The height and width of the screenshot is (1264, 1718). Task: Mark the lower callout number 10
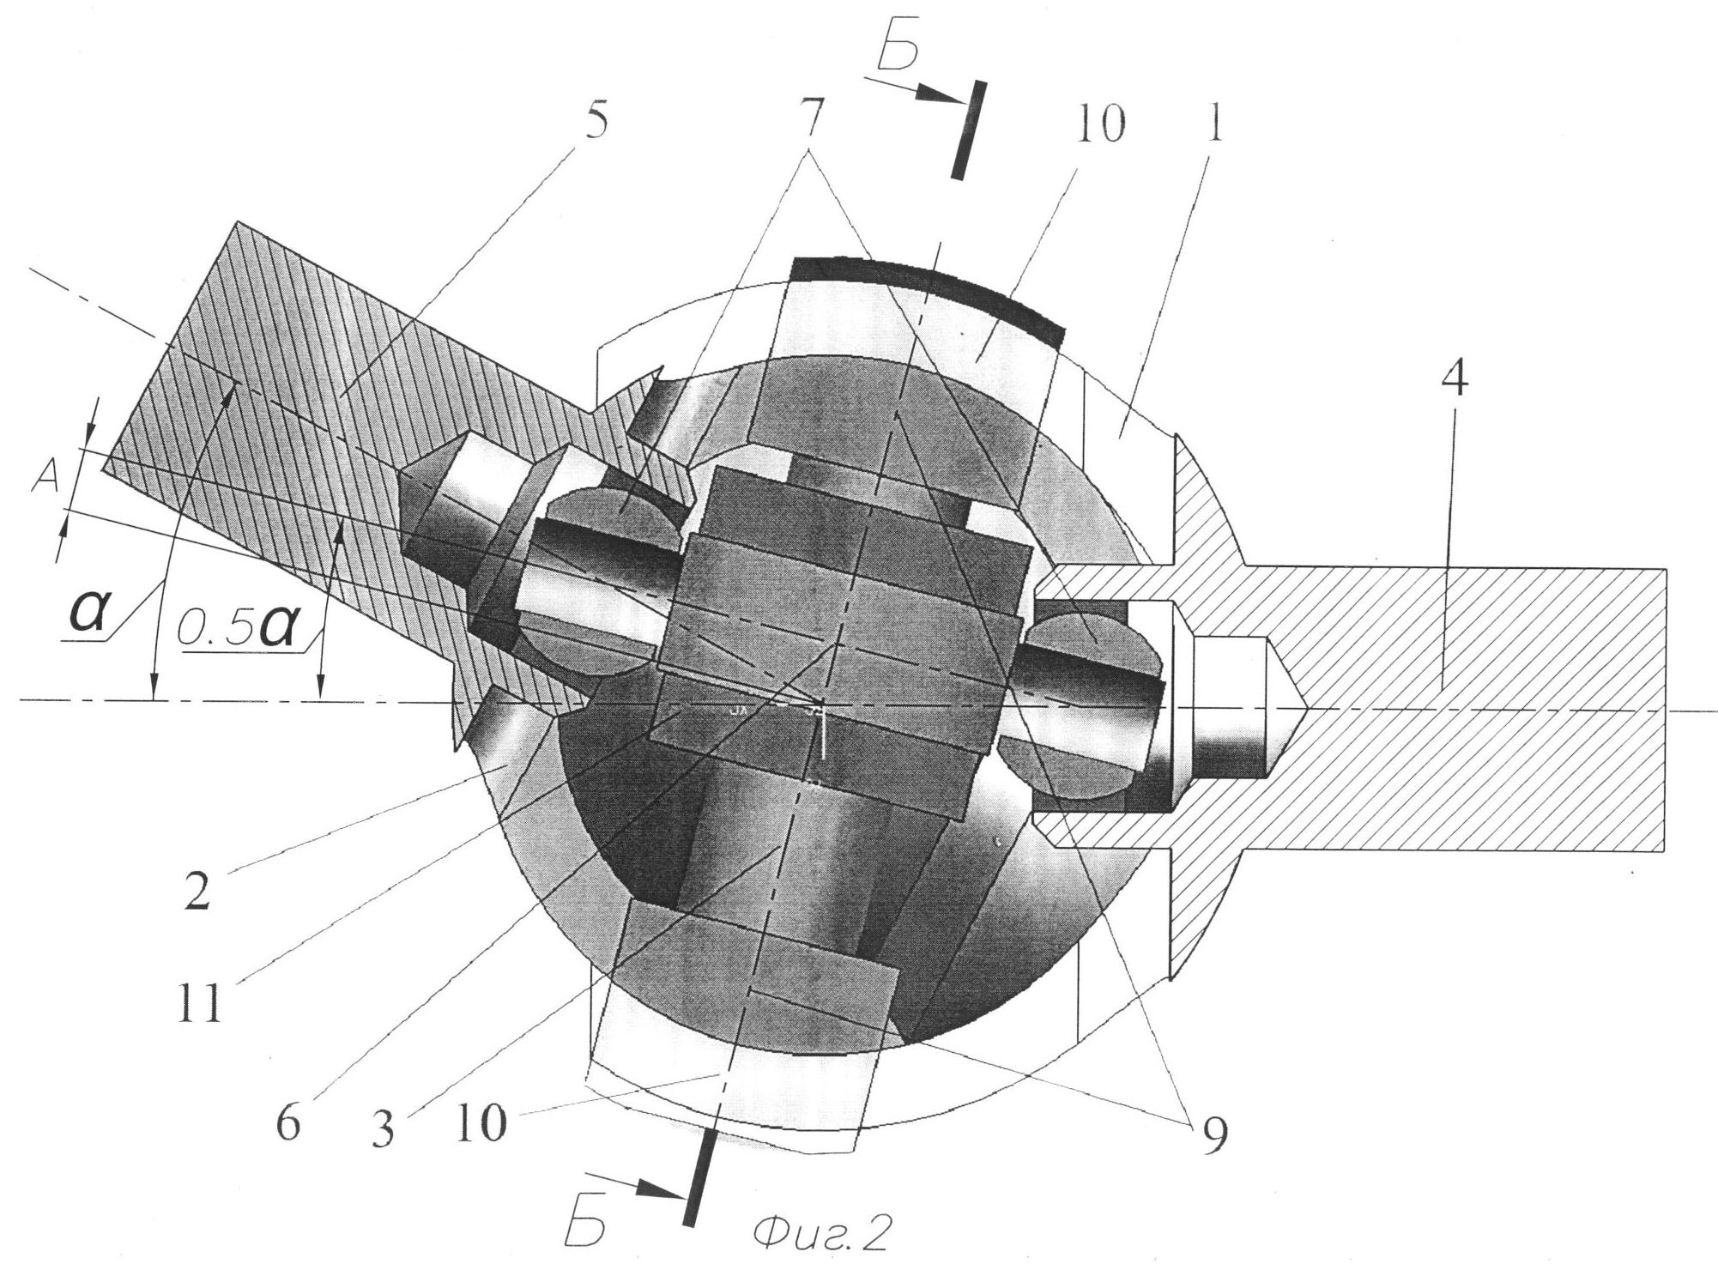(481, 1122)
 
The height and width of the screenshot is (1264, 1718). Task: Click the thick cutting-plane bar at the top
(969, 130)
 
